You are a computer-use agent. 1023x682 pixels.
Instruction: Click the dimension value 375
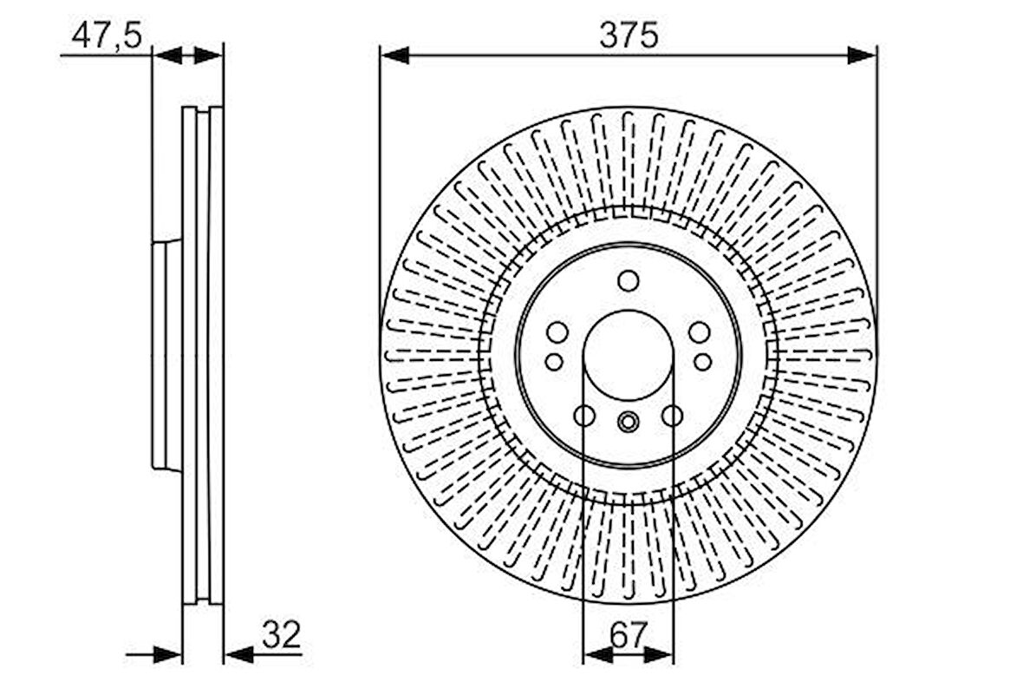pos(629,36)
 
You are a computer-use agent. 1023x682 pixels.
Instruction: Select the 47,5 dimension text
pos(107,36)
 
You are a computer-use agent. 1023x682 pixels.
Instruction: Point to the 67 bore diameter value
pos(629,636)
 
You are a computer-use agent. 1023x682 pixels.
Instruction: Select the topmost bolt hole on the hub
pos(629,280)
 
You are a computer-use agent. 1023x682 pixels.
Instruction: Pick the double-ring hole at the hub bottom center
pos(629,422)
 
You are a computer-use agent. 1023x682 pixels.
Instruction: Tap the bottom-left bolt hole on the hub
pos(584,416)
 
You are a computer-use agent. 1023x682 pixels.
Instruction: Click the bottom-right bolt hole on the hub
pos(673,416)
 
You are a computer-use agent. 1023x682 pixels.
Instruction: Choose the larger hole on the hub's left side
pos(557,332)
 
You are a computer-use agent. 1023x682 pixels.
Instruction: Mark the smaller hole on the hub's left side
pos(554,362)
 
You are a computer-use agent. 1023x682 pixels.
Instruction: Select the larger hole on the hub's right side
pos(699,332)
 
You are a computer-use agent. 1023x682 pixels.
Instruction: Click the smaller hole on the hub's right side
pos(702,362)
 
